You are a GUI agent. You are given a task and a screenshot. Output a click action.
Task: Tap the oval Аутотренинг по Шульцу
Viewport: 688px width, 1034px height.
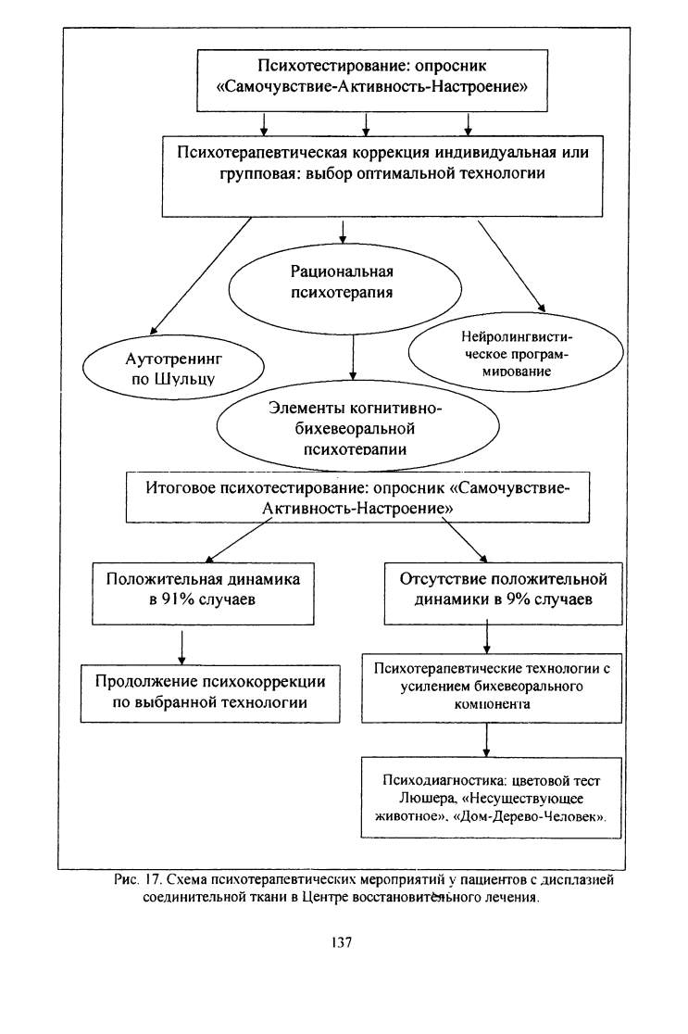point(173,367)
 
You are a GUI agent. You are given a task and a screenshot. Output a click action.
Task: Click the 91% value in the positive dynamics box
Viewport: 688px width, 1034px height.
point(173,600)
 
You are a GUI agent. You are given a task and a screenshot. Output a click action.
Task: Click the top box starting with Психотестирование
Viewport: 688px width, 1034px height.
point(372,80)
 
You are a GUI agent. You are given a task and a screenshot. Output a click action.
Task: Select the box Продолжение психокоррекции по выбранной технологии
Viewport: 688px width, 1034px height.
point(210,693)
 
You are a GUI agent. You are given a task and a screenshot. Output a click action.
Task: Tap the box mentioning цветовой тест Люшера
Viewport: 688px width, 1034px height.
point(491,798)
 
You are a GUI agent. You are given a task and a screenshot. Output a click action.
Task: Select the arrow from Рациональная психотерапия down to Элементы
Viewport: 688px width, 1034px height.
point(353,357)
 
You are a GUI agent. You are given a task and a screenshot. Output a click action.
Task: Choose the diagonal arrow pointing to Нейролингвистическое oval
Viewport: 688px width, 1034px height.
point(511,266)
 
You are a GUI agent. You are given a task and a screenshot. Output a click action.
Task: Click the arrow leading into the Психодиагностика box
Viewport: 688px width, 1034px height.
point(486,740)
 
